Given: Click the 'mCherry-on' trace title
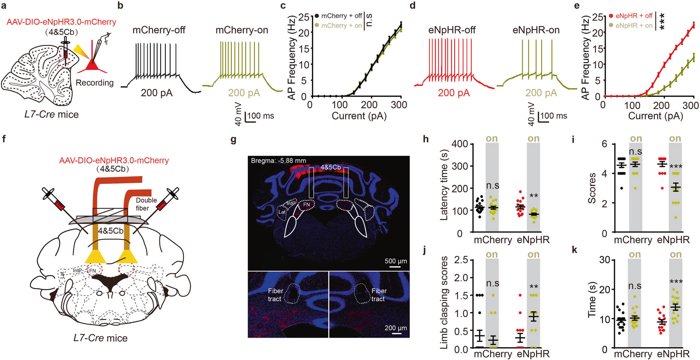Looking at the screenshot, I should click(x=242, y=30).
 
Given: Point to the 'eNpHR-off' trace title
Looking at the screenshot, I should click(x=452, y=30).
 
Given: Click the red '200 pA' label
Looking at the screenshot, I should click(x=453, y=93).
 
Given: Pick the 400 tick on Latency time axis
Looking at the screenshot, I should click(x=460, y=144).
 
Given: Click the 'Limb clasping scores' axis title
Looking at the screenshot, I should click(x=444, y=303).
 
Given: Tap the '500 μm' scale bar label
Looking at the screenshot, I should click(x=395, y=261).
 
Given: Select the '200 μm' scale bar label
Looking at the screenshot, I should click(x=395, y=328).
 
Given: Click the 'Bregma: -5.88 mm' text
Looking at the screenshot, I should click(x=278, y=161).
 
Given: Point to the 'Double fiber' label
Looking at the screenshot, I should click(x=146, y=204).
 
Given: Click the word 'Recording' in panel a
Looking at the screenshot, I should click(x=95, y=83).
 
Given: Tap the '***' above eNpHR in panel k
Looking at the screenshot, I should click(x=676, y=282).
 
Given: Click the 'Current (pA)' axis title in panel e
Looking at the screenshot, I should click(x=655, y=116).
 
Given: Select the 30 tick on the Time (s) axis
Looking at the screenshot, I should click(x=605, y=260).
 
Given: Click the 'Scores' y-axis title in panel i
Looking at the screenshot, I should click(x=592, y=188).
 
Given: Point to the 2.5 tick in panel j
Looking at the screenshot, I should click(x=461, y=260).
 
